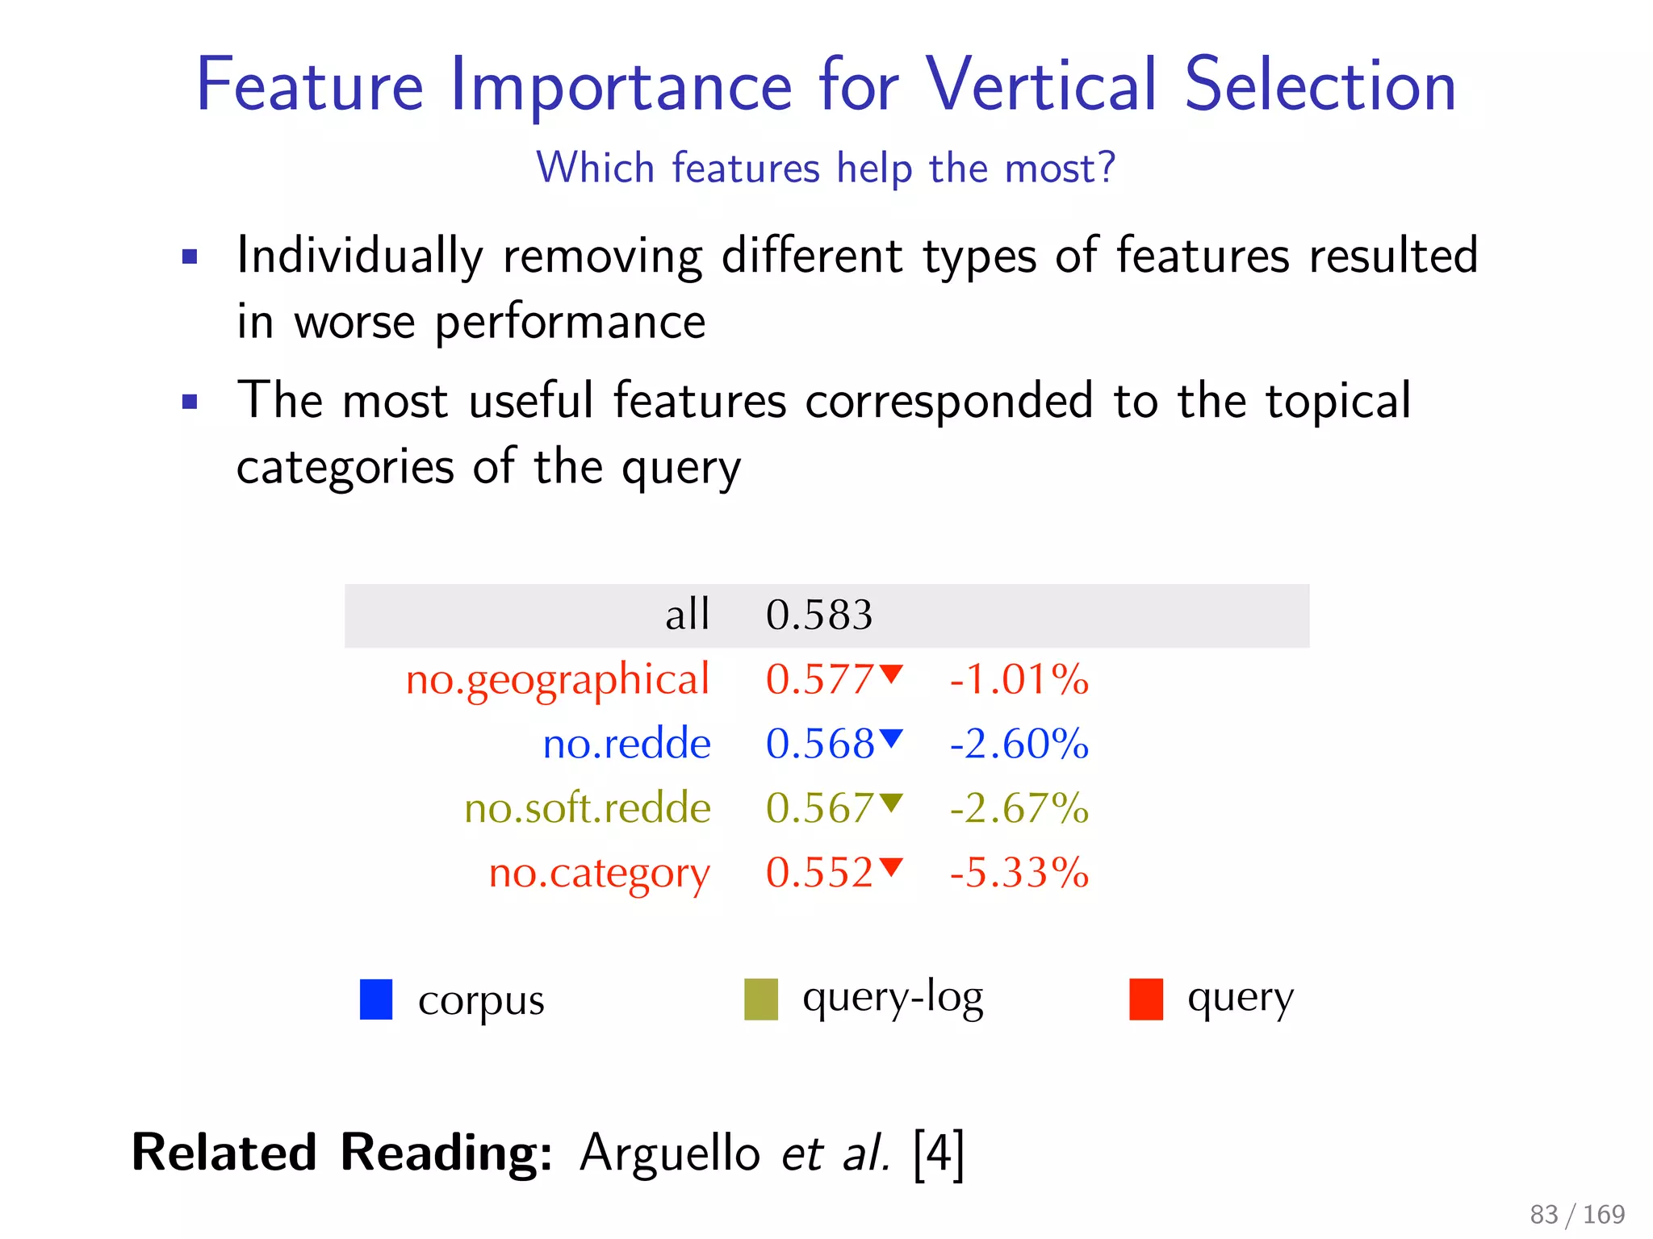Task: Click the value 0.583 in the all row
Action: [818, 615]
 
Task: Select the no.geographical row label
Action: [557, 679]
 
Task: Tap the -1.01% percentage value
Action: [1019, 679]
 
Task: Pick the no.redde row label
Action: [626, 744]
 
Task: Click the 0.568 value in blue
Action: [819, 744]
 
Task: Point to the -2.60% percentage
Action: [1019, 744]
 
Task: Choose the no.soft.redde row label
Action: [587, 808]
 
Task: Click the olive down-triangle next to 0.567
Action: [891, 802]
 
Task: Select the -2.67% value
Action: [1019, 808]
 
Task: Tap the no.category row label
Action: [599, 874]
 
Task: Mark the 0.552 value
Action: [819, 873]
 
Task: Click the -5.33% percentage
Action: [1019, 873]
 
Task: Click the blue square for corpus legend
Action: [376, 999]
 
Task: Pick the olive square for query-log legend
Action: [760, 999]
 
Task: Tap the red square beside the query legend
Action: [1145, 999]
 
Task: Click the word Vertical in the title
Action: [1040, 86]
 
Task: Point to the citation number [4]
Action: [938, 1153]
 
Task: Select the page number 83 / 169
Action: [1576, 1214]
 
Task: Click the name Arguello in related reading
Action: [669, 1153]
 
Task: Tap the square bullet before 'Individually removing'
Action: [190, 257]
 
